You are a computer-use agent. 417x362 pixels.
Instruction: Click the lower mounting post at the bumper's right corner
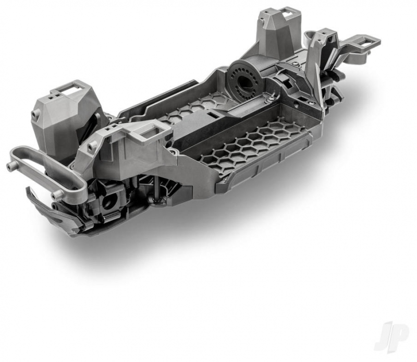pyautogui.click(x=56, y=197)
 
